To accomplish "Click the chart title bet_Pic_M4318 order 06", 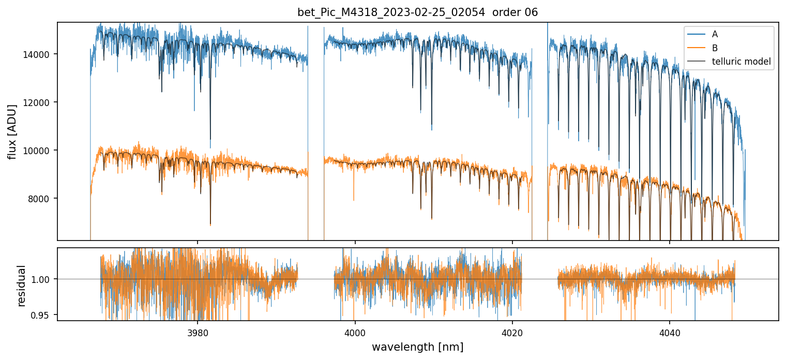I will click(x=417, y=12).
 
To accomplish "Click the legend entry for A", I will click(x=715, y=34).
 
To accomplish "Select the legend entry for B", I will click(x=715, y=48).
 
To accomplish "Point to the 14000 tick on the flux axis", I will click(x=39, y=54).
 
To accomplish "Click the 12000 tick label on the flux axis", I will click(x=39, y=102).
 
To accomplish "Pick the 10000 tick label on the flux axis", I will click(x=39, y=151).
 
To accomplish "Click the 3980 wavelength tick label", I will click(x=198, y=332).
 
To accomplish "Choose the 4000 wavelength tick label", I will click(x=355, y=332).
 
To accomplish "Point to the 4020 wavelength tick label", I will click(x=512, y=332).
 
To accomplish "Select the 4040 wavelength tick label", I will click(x=670, y=332).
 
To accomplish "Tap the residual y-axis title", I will click(x=21, y=285).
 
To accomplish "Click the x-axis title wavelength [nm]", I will click(x=417, y=347).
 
